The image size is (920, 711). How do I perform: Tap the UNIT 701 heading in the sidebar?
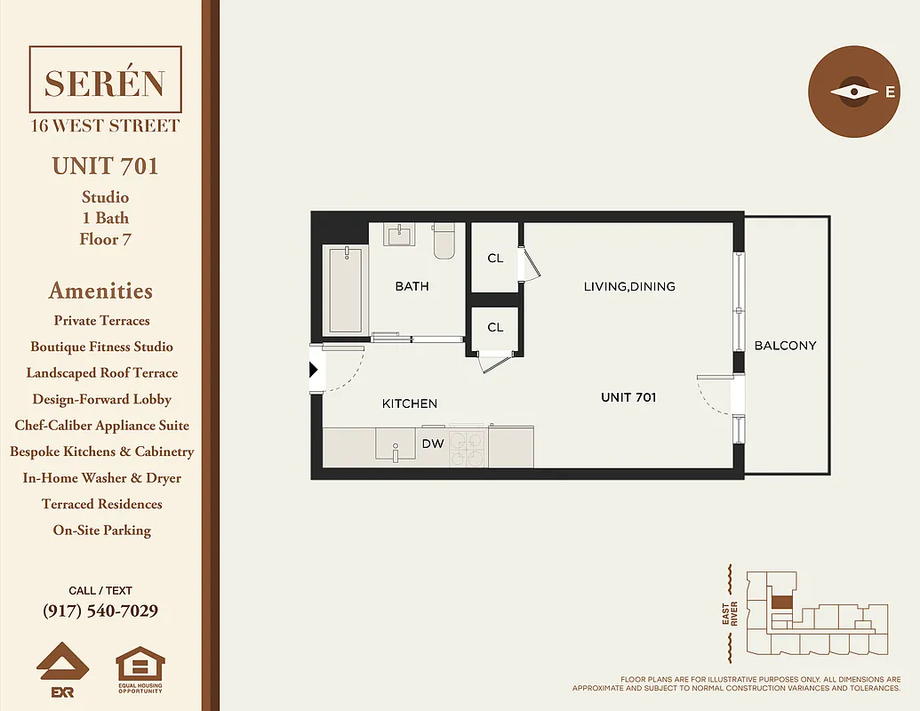point(105,166)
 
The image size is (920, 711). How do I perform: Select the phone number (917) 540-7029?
point(100,611)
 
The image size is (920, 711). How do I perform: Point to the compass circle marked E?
point(854,92)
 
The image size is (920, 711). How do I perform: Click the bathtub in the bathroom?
point(345,290)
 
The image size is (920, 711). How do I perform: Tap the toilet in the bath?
point(444,241)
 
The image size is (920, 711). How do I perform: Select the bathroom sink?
point(399,235)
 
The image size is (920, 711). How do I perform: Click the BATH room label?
point(412,286)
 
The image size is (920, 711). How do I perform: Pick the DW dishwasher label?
point(433,443)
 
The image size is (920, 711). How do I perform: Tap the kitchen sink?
point(395,444)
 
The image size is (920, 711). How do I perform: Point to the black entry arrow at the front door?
point(314,370)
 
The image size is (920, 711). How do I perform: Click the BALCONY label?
point(785,346)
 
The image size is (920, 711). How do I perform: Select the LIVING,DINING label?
point(628,286)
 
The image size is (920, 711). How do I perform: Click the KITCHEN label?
point(409,403)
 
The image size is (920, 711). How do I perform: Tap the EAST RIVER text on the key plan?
point(729,614)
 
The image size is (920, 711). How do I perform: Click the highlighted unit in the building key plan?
point(780,602)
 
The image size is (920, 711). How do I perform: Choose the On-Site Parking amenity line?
point(100,531)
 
